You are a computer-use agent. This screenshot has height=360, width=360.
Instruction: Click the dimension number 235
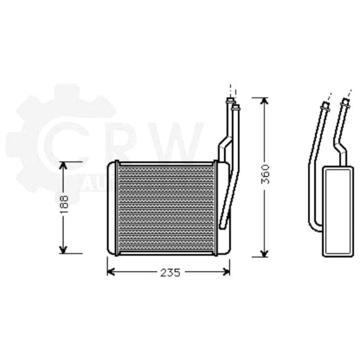(x=170, y=273)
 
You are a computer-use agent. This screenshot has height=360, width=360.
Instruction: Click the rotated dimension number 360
(x=265, y=174)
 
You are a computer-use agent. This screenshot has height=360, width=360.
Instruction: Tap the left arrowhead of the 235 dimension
(x=110, y=271)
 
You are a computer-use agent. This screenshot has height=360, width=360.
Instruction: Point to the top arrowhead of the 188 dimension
(x=63, y=165)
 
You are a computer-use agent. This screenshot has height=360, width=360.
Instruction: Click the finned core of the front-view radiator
(x=166, y=208)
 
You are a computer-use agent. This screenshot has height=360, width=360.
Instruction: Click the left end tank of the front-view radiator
(x=111, y=208)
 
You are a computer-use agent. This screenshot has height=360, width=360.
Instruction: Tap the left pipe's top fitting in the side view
(x=324, y=106)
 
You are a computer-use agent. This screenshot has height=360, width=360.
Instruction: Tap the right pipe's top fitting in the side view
(x=345, y=103)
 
